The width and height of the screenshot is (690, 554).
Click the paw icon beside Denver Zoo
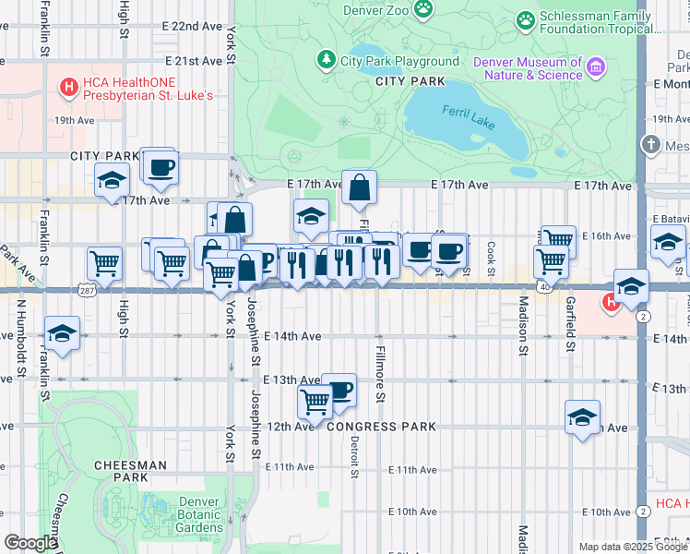coord(423,8)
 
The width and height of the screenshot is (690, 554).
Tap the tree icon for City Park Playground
coord(326,61)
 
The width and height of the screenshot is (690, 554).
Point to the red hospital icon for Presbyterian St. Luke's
coord(68,88)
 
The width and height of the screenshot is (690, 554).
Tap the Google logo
coord(30,543)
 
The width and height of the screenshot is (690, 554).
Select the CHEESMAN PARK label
coord(135,472)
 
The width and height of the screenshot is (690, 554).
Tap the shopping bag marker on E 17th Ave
coord(360,187)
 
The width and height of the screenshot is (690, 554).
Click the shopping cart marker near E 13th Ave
coord(315,403)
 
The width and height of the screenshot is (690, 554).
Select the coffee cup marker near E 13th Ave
coord(340,390)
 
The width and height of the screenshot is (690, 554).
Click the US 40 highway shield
coord(548,289)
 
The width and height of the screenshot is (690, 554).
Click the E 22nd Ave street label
coord(184,26)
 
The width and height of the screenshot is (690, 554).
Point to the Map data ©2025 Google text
coord(632,547)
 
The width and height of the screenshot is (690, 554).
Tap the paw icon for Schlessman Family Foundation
coord(526,18)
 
